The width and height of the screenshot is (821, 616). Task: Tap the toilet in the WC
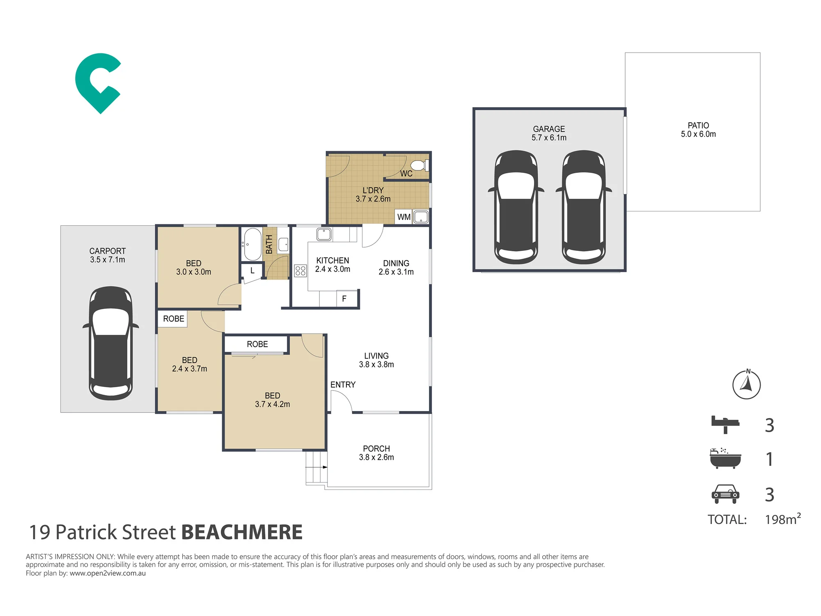[420, 165]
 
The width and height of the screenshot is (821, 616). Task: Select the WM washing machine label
[404, 217]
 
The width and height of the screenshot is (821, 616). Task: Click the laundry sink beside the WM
[421, 217]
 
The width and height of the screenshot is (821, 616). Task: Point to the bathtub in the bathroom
[252, 244]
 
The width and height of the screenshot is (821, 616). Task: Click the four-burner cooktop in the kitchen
[300, 270]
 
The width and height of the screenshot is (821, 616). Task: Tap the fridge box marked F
[344, 299]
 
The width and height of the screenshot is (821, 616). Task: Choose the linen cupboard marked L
[252, 271]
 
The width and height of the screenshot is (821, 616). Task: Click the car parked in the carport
[110, 343]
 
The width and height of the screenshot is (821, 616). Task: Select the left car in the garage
[516, 207]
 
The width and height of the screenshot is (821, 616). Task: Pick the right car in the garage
[583, 207]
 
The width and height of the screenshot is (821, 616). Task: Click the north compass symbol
[747, 384]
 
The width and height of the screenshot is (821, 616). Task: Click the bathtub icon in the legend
[725, 458]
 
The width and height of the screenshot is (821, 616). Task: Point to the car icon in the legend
[725, 494]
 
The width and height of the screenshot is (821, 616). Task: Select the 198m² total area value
[783, 519]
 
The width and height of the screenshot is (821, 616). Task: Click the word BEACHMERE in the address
[242, 532]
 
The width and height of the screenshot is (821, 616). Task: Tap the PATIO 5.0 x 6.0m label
[698, 130]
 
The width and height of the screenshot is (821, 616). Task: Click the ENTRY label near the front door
[343, 385]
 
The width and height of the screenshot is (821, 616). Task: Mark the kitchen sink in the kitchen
[324, 234]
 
